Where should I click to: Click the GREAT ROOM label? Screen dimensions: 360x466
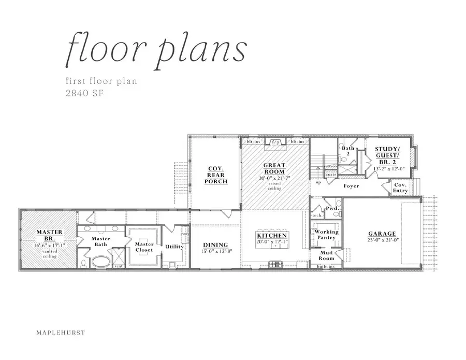pyautogui.click(x=274, y=169)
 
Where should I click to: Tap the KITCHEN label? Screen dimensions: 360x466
pyautogui.click(x=272, y=236)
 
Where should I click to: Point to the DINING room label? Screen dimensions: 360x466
pyautogui.click(x=215, y=245)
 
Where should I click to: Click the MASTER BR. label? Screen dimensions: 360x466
pyautogui.click(x=50, y=235)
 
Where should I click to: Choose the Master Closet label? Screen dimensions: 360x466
pyautogui.click(x=144, y=247)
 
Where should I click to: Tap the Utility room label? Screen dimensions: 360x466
pyautogui.click(x=174, y=247)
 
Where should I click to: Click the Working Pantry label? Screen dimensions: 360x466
pyautogui.click(x=327, y=235)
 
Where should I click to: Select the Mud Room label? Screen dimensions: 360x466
pyautogui.click(x=326, y=255)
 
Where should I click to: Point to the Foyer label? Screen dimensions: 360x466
pyautogui.click(x=351, y=185)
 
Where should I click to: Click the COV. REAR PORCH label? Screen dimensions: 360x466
pyautogui.click(x=214, y=175)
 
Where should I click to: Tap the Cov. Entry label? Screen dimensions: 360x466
pyautogui.click(x=400, y=188)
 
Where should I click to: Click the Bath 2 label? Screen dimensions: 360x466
pyautogui.click(x=348, y=151)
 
